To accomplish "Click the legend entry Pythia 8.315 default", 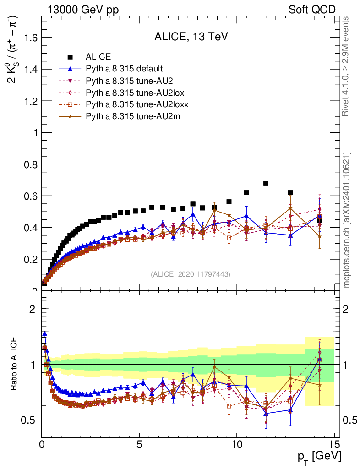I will tap(124, 69).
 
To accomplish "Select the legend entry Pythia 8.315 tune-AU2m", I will tap(133, 117).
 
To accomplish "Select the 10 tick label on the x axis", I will tap(236, 445).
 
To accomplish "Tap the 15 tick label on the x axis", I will tap(334, 445).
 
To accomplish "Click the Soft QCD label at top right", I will tap(312, 10).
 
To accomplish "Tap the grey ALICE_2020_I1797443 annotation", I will tap(190, 274).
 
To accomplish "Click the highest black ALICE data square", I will tap(266, 184).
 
